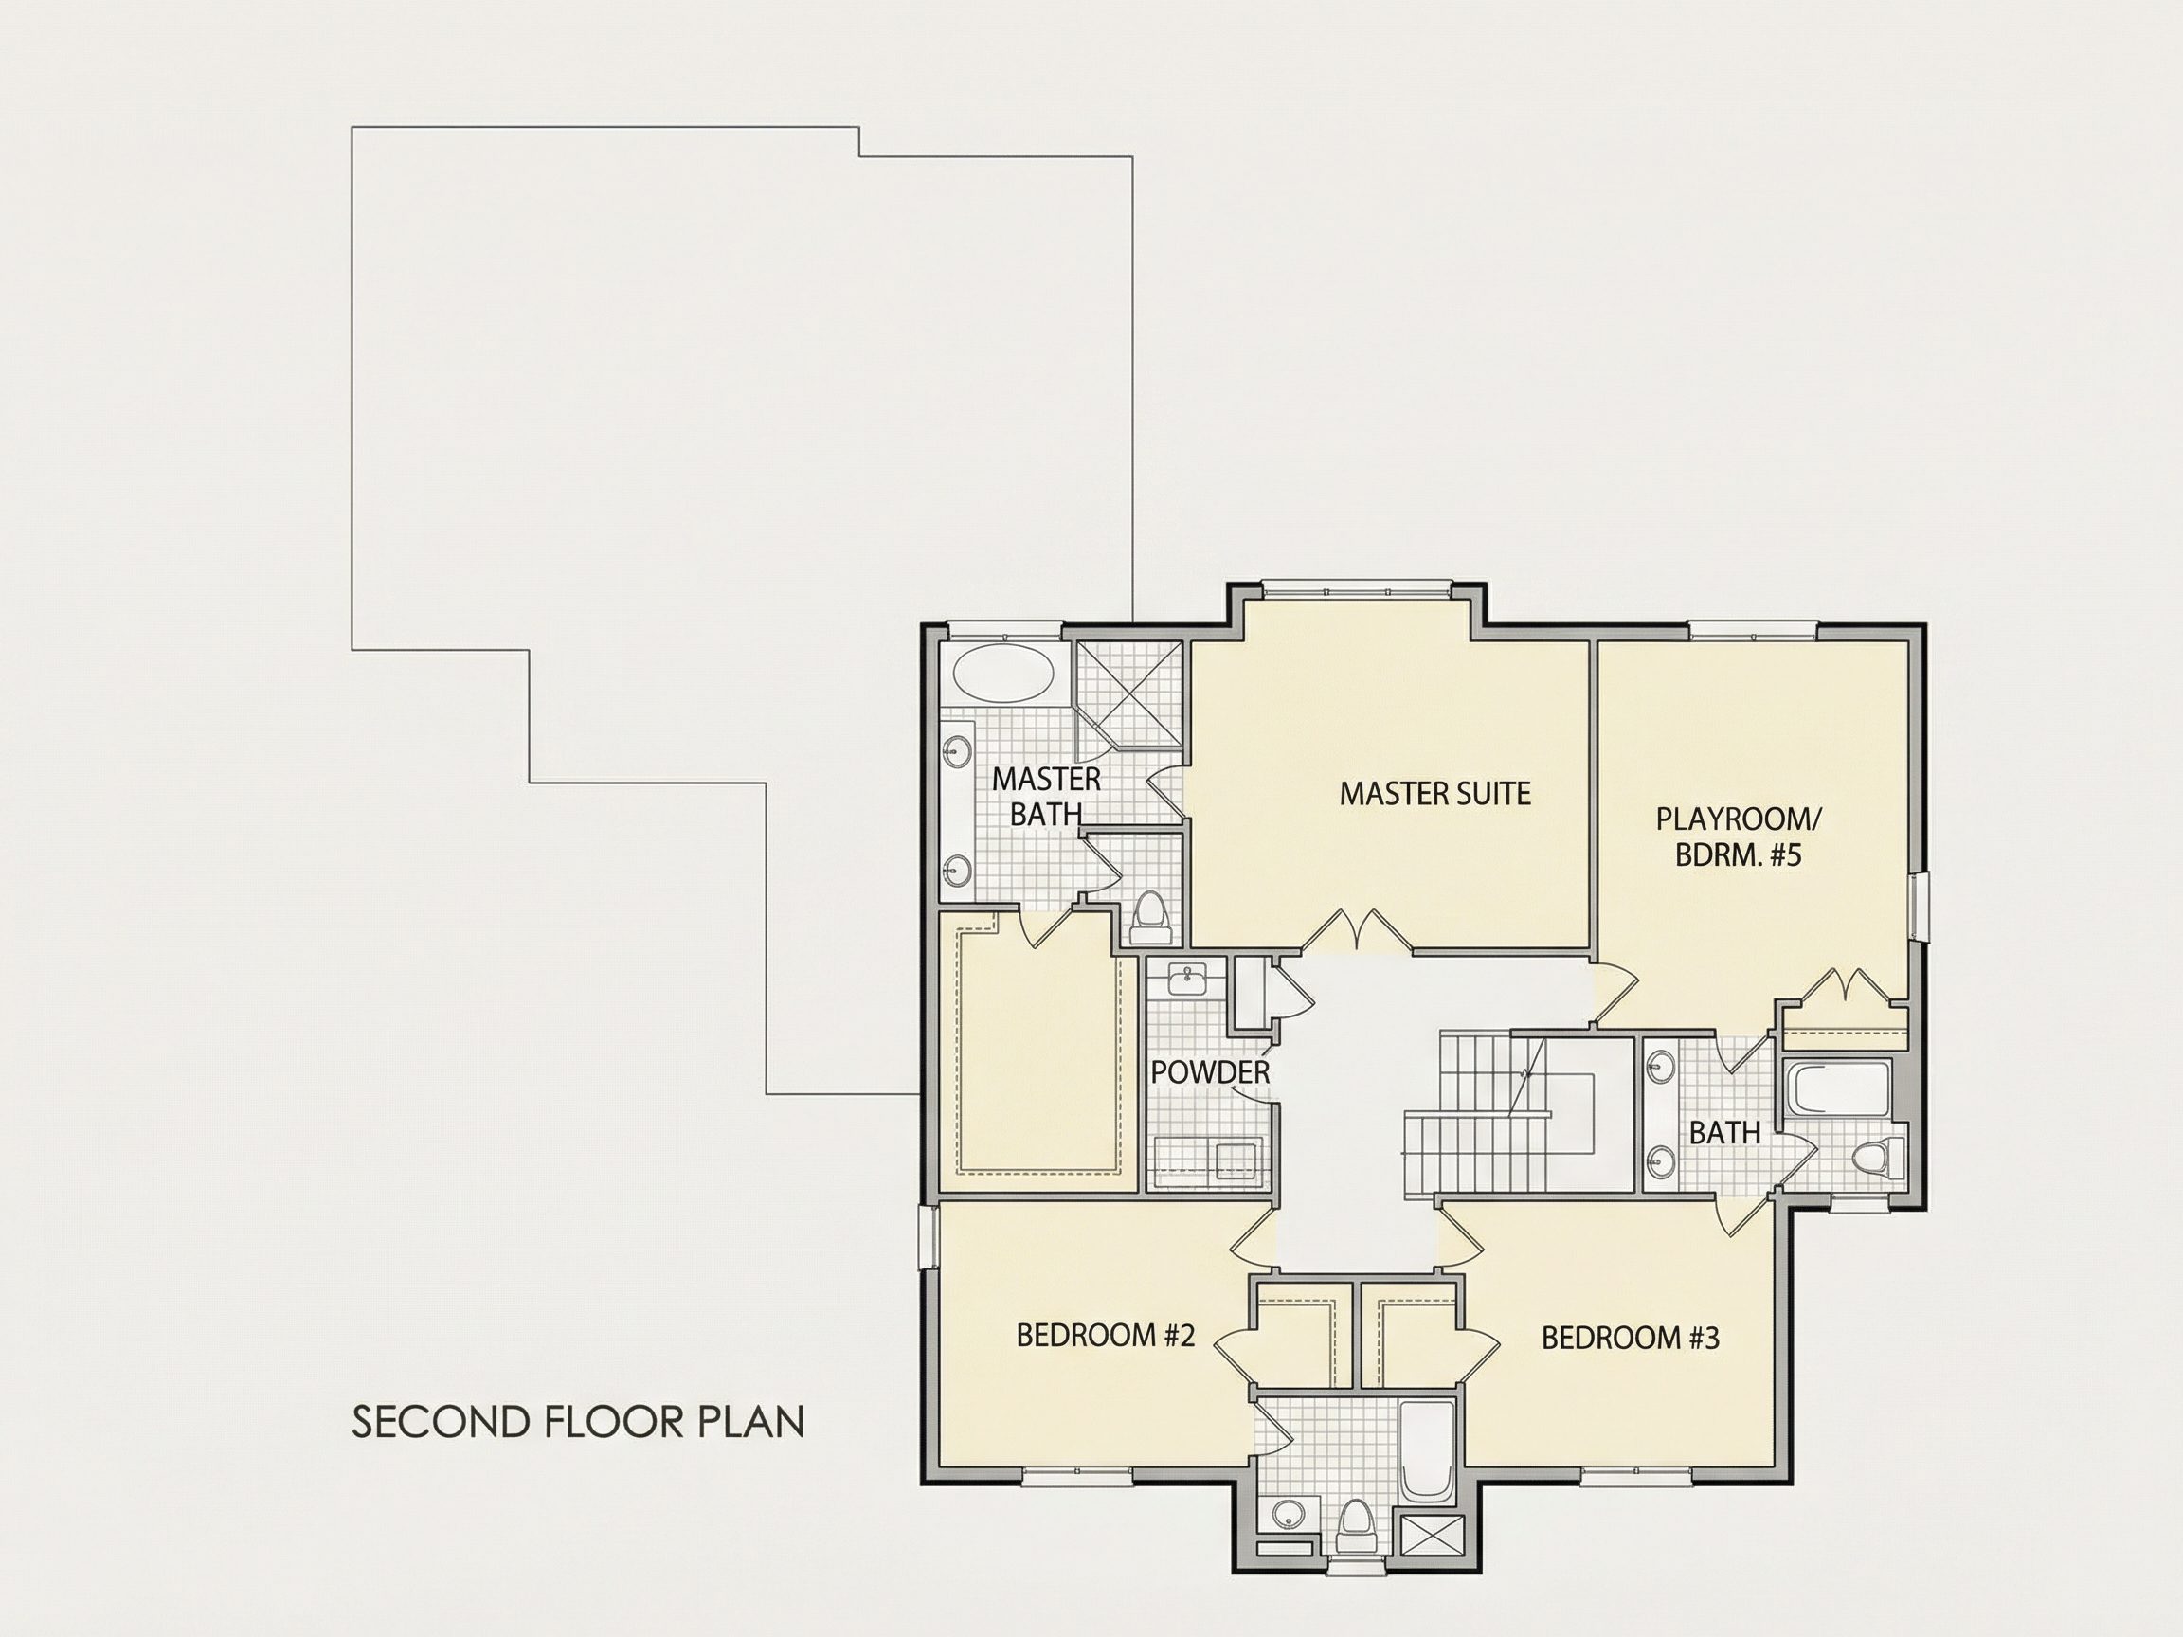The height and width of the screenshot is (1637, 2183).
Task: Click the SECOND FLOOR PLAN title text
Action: click(578, 1422)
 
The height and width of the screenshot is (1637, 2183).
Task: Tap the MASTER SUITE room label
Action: click(1434, 793)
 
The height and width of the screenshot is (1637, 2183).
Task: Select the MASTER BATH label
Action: click(1045, 796)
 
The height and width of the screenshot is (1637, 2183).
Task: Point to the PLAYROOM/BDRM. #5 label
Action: click(1738, 836)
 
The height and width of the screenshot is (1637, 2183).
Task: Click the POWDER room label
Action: click(1210, 1072)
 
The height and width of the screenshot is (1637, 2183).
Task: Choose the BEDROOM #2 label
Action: click(1106, 1336)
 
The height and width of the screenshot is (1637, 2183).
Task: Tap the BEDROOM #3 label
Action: click(1631, 1338)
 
